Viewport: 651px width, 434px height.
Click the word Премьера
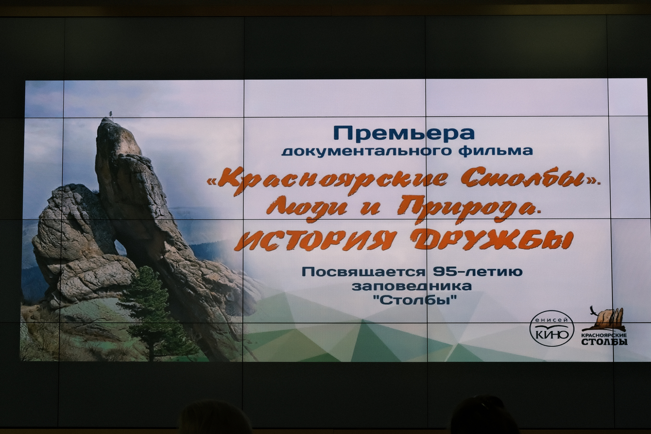pyautogui.click(x=404, y=134)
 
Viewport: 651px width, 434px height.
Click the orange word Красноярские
pyautogui.click(x=329, y=180)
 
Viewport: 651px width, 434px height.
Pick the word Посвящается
pyautogui.click(x=363, y=272)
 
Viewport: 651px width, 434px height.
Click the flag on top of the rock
pyautogui.click(x=111, y=113)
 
